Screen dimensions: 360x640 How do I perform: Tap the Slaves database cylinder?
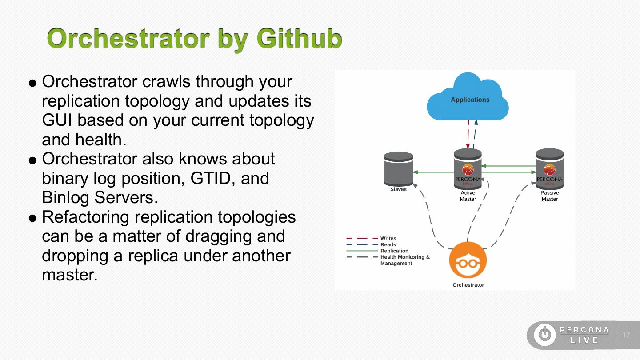[x=399, y=169]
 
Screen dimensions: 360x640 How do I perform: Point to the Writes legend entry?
[x=388, y=239]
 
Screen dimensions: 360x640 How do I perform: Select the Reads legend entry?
[x=388, y=245]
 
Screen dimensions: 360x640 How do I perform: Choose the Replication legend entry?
[x=394, y=251]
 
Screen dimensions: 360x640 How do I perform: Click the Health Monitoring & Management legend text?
[x=404, y=260]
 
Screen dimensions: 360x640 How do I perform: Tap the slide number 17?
[x=626, y=335]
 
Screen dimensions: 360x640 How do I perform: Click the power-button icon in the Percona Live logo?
[x=544, y=335]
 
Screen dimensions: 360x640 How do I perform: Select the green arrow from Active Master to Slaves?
[x=433, y=172]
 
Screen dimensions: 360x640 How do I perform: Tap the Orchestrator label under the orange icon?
[x=468, y=285]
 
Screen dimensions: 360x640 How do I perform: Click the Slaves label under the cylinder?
[x=398, y=189]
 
